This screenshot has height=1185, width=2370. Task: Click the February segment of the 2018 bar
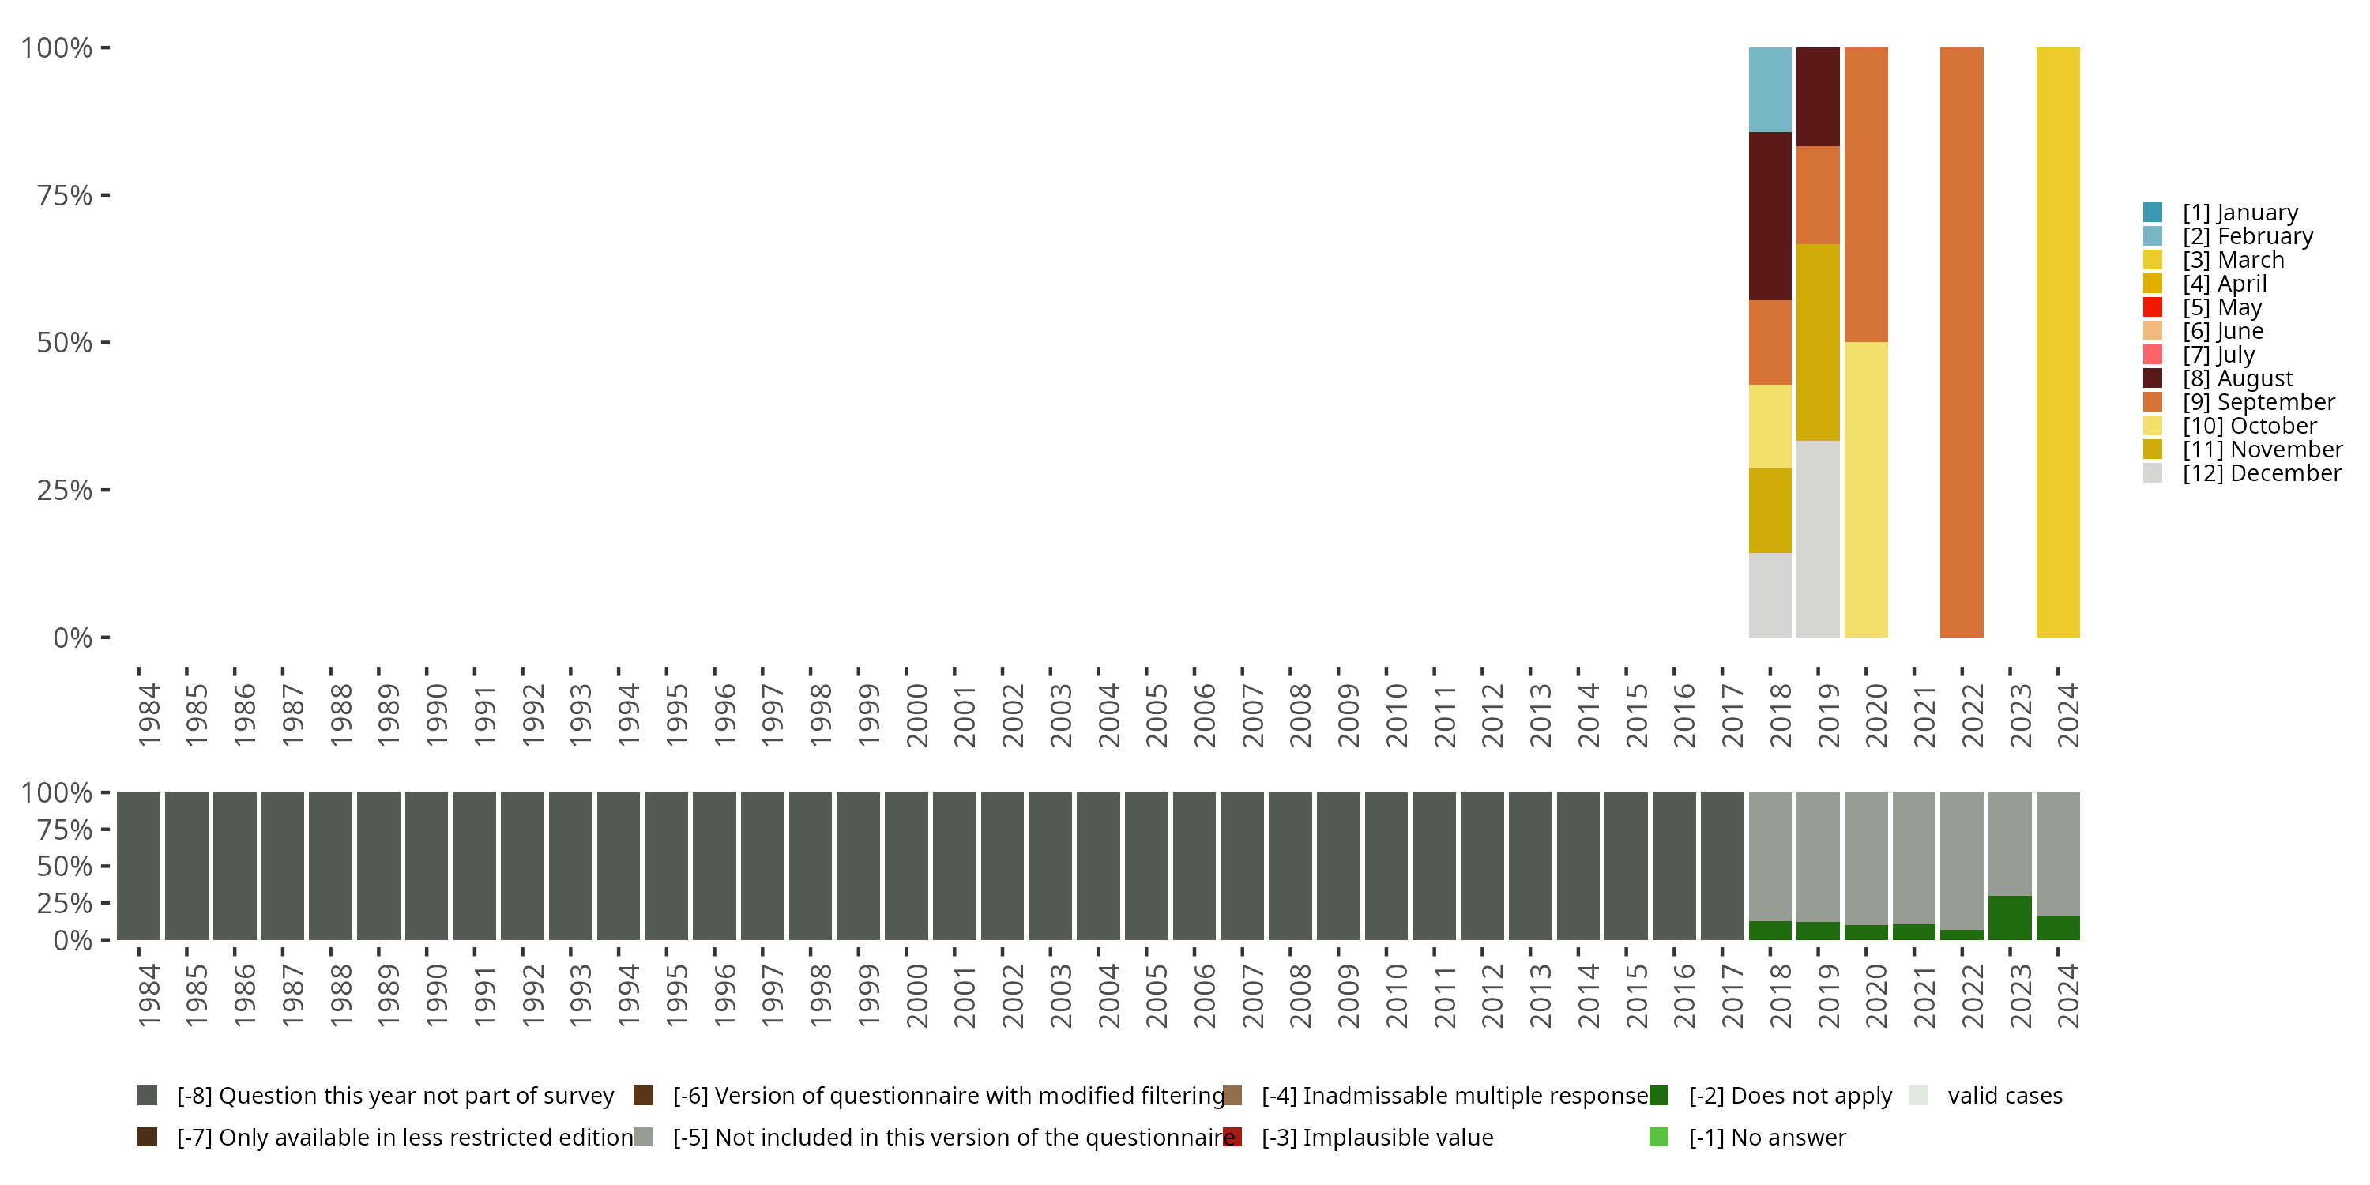tap(1770, 89)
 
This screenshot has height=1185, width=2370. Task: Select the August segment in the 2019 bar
tap(1817, 96)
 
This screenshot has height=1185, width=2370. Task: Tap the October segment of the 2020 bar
tap(1866, 490)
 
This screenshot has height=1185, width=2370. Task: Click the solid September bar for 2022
tap(1962, 342)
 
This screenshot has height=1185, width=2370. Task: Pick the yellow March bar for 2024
tap(2057, 342)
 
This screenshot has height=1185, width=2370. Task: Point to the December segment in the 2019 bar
tap(1817, 538)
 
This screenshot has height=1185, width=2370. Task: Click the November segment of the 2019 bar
tap(1817, 342)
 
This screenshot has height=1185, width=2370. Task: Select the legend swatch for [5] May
tap(2152, 307)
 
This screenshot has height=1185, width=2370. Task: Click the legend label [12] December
tap(2262, 474)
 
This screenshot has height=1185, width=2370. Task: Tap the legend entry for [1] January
tap(2240, 213)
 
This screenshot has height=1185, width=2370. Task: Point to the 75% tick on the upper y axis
tap(105, 195)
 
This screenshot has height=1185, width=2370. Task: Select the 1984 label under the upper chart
tap(149, 715)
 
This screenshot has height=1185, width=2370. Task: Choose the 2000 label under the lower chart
tap(916, 995)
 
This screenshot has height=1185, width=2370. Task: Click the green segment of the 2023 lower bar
tap(2009, 917)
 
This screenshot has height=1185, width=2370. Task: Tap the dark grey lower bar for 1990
tap(427, 866)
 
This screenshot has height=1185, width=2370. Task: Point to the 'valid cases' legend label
tap(2005, 1096)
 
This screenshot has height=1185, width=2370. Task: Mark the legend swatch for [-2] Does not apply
tap(1659, 1096)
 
